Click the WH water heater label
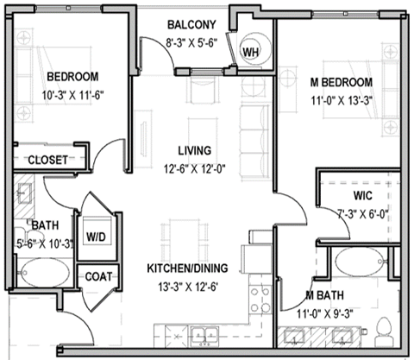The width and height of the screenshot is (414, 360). [251, 53]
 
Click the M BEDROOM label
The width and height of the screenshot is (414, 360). [341, 82]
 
